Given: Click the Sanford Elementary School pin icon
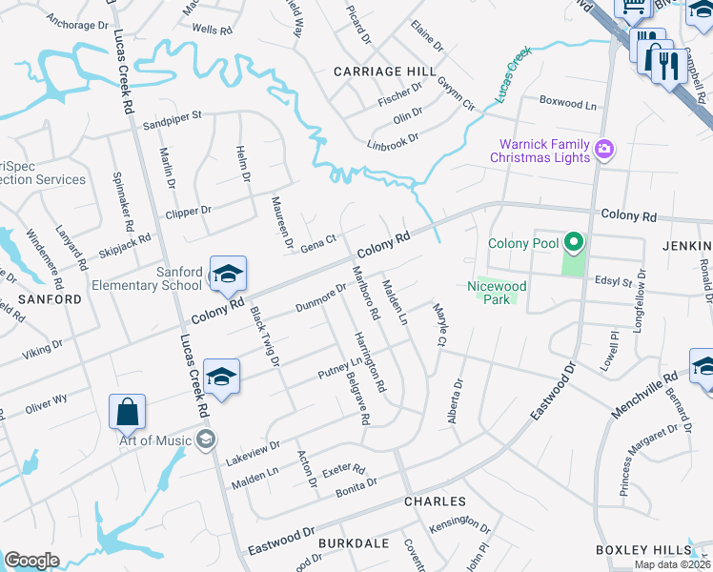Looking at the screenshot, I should click(228, 276).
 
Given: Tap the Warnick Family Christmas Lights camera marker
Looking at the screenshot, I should click(602, 150).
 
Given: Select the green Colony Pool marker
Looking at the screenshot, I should click(573, 243).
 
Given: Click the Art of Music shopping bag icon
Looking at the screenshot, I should click(127, 414).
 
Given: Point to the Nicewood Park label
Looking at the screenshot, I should click(497, 292).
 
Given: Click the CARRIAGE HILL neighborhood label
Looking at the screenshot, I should click(384, 71).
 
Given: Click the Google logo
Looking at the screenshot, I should click(31, 561).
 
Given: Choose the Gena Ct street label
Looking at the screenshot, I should click(319, 243).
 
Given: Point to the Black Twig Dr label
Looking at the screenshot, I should click(264, 335).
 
